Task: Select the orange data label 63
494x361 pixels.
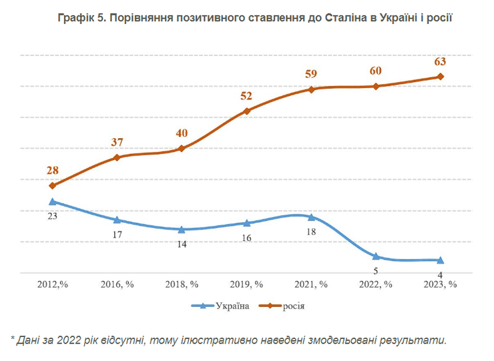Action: [440, 62]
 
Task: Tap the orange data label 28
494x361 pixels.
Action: [52, 171]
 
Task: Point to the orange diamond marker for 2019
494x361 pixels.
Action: [246, 111]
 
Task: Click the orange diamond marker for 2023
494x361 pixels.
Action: [440, 77]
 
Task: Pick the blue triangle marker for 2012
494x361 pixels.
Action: [52, 201]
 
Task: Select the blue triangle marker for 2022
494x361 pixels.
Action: [376, 256]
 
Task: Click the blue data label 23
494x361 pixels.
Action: [52, 216]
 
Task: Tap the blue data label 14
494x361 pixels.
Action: [181, 244]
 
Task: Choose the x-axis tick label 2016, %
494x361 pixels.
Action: [117, 284]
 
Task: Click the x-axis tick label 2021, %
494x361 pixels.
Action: [311, 284]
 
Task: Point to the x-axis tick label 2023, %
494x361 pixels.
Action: [440, 284]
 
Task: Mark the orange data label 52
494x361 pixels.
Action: [246, 96]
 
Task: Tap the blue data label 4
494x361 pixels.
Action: [440, 275]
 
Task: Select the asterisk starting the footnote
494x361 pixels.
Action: [13, 339]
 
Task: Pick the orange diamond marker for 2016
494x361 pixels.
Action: [117, 157]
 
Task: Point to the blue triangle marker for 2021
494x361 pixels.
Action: [311, 217]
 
